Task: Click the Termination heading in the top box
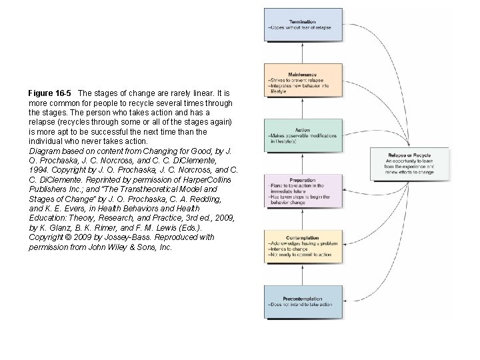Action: (303, 22)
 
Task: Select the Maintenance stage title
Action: (303, 74)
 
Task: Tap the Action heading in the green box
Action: (302, 130)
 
